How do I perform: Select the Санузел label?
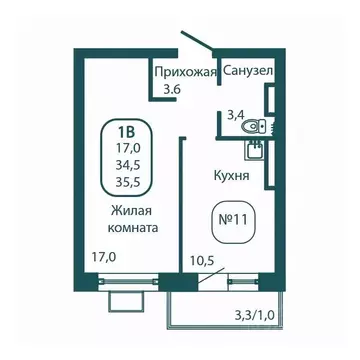tap(246, 72)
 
